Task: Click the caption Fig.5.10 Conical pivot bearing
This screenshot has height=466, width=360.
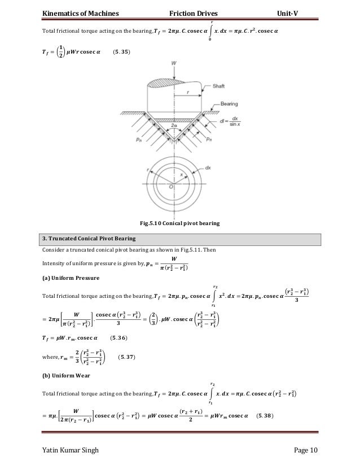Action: click(x=180, y=223)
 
